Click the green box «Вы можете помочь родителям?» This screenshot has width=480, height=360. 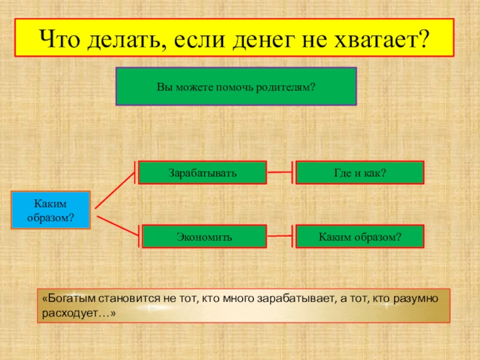coord(236,86)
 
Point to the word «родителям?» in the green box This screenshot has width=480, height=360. coord(286,87)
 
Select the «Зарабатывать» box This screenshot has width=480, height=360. coord(202,173)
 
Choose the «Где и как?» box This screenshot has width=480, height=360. coord(359,173)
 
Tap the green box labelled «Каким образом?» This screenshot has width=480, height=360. coord(359,236)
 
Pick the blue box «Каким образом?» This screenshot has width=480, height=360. coord(50,210)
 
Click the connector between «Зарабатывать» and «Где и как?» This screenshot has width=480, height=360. coord(280,173)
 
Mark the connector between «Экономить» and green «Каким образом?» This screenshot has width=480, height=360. coord(280,236)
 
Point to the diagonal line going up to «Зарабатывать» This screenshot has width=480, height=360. coord(115,190)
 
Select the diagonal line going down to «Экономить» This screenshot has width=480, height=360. coord(118,226)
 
